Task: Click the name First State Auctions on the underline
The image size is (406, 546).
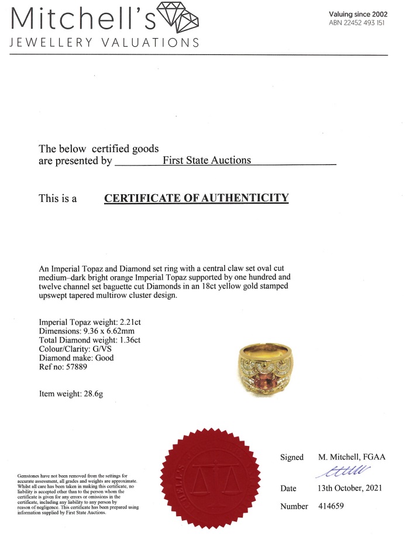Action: coord(207,160)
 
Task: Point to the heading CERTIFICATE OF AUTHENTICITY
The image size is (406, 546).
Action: coord(197,198)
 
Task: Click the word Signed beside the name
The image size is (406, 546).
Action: coord(291,457)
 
